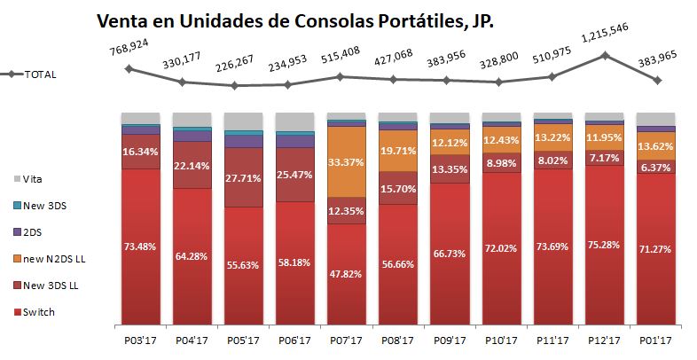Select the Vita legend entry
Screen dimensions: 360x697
point(34,179)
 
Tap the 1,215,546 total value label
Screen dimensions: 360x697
point(606,39)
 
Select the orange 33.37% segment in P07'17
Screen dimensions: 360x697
point(346,163)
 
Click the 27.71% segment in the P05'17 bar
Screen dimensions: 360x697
point(244,177)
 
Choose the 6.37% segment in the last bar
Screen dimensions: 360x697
point(655,167)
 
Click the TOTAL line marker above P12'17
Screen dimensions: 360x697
point(605,56)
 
